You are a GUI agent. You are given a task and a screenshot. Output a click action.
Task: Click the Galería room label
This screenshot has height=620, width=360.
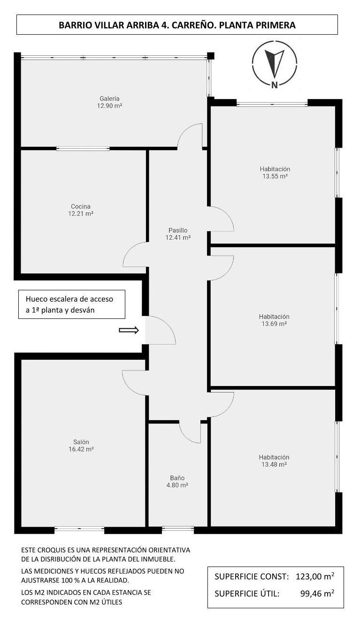[x=111, y=102]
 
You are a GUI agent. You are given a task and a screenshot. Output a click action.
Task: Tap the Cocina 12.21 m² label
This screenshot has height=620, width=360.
[x=81, y=210]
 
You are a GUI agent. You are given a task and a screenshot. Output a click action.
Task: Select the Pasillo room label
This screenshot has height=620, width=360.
[x=178, y=234]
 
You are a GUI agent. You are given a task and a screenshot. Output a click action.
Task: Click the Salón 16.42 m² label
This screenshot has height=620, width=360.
[x=81, y=446]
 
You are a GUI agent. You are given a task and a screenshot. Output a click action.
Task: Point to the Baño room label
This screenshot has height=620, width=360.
[x=177, y=482]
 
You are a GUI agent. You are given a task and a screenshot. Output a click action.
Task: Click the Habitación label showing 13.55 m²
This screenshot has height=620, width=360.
[x=275, y=173]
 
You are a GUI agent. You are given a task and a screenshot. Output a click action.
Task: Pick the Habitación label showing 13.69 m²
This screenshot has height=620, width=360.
[x=275, y=320]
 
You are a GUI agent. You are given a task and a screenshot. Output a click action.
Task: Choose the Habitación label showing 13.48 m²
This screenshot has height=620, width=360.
[x=274, y=461]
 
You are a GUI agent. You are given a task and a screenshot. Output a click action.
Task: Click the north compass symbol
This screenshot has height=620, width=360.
[x=275, y=65]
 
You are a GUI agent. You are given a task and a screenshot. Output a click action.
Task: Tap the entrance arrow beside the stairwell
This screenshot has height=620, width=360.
[x=129, y=330]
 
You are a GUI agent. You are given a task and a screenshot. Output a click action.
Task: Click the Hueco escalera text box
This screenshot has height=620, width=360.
[x=72, y=304]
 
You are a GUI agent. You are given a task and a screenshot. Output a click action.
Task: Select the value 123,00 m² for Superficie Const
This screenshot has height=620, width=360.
[x=315, y=576]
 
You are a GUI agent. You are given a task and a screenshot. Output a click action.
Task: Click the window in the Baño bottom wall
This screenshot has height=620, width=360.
[x=178, y=529]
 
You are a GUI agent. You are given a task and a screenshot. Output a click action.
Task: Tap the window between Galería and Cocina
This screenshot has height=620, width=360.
[x=83, y=149]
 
